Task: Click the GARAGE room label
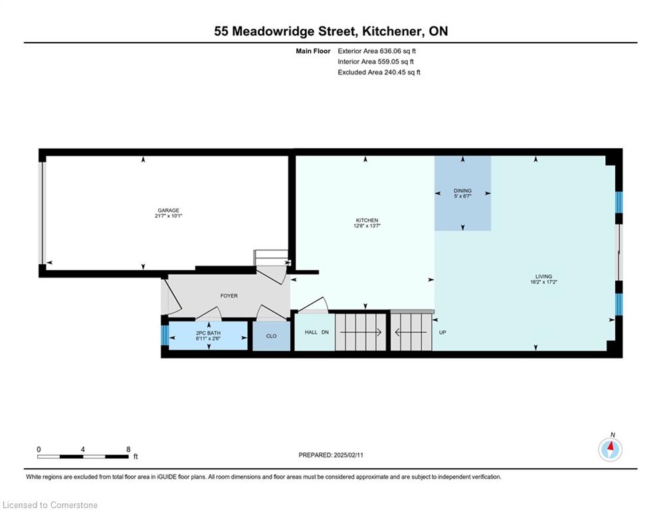168,211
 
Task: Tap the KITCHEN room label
367,220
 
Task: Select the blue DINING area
463,193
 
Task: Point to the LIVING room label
544,276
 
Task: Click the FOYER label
229,296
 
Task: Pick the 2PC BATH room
208,335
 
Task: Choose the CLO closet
272,336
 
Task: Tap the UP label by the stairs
442,333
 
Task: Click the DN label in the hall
325,332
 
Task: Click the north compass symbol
610,450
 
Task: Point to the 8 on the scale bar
128,450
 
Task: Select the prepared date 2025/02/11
348,455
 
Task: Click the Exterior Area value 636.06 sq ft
398,51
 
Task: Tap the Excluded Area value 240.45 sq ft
402,72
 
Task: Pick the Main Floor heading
313,51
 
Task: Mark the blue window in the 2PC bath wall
165,335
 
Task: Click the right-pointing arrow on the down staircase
361,333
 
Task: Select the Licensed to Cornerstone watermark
50,505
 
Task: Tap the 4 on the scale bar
82,450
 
